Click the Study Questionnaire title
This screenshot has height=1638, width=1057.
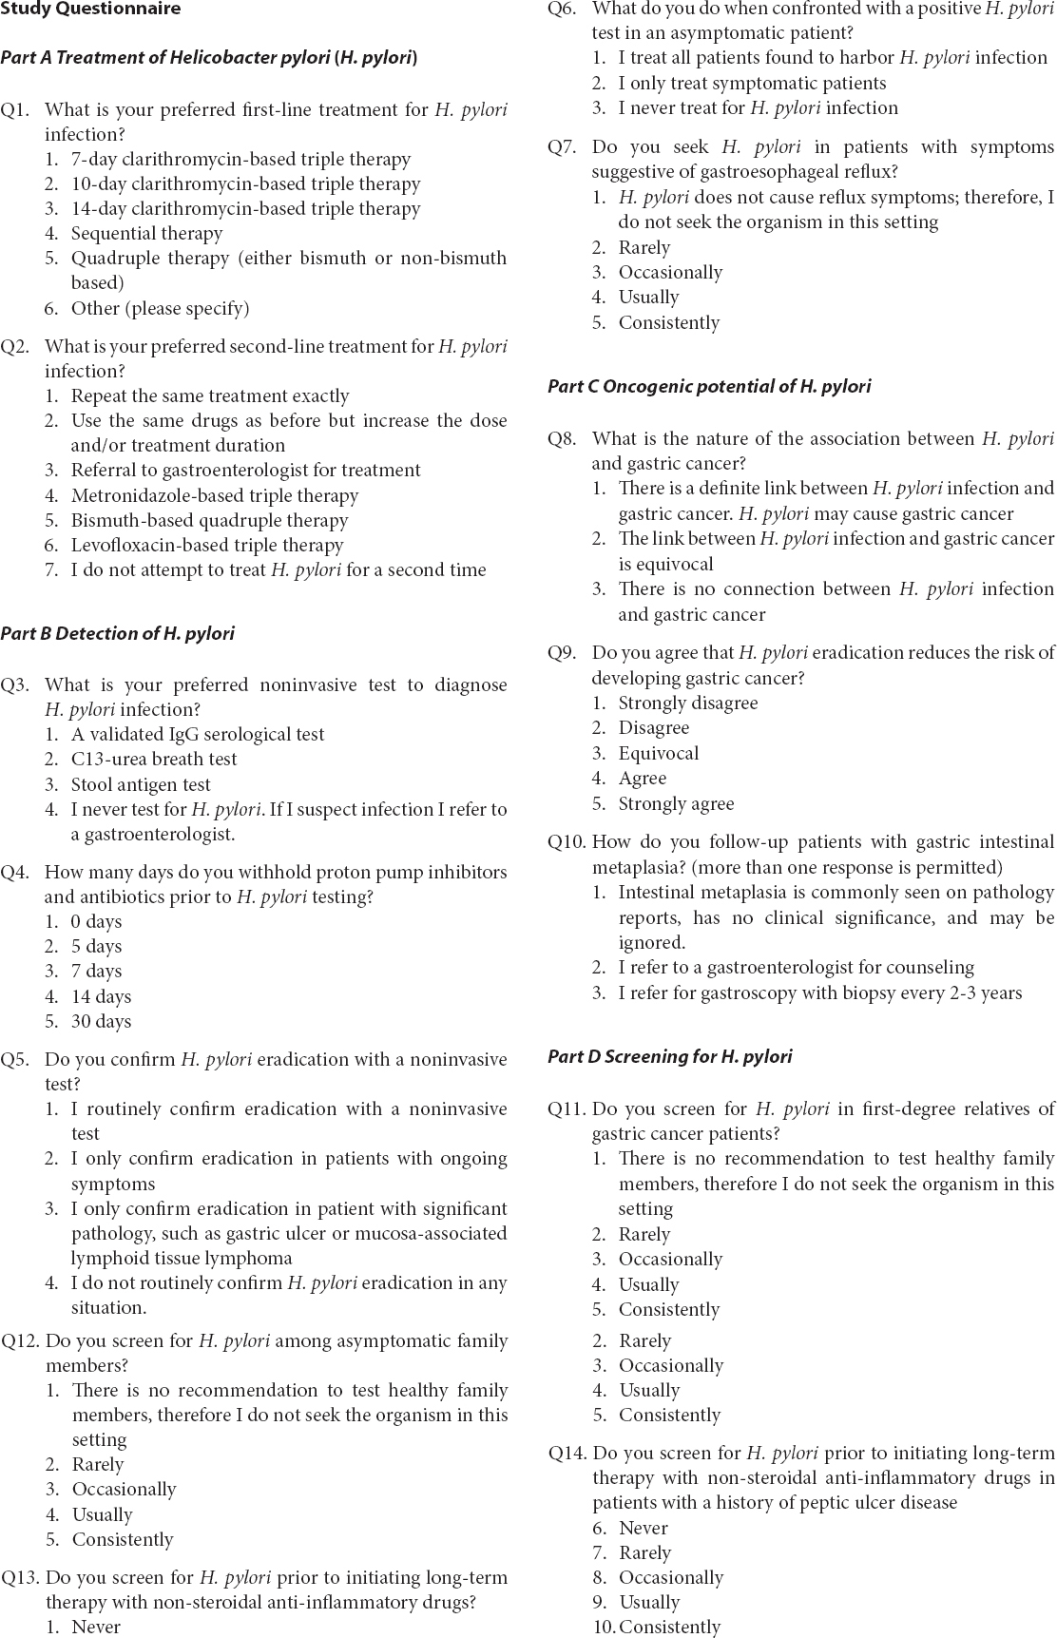90,10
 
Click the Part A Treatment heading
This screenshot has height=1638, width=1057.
209,58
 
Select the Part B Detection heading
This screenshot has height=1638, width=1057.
117,634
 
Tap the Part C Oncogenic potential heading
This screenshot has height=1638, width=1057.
709,387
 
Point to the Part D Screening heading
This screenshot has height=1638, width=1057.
669,1057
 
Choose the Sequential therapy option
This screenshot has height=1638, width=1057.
146,234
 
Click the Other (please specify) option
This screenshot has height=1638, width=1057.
160,309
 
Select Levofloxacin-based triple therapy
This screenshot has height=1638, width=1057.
206,546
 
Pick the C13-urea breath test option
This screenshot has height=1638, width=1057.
153,760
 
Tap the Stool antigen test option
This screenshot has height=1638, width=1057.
141,785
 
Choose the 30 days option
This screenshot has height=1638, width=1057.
101,1022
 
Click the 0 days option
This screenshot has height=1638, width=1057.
96,922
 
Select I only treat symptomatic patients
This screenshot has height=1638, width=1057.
752,84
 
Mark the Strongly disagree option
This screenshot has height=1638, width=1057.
687,703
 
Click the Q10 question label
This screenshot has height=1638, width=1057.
567,842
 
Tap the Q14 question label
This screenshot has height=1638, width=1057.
567,1454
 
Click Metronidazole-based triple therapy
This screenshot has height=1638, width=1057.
214,496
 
